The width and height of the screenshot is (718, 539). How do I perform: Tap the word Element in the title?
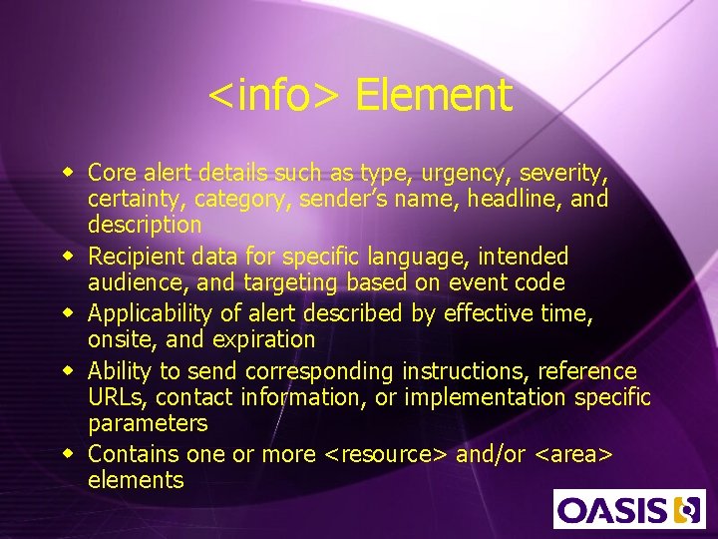[x=433, y=96]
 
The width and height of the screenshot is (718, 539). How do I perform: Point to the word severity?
[x=559, y=173]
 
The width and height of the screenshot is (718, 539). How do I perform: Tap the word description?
[x=145, y=225]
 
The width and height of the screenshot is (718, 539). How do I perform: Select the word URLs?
[x=116, y=398]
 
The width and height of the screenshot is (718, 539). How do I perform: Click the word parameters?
[x=148, y=424]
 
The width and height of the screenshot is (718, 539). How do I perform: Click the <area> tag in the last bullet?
[x=574, y=455]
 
